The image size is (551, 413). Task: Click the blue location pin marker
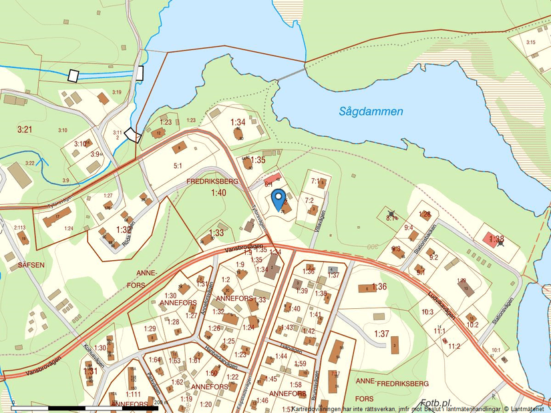(280, 199)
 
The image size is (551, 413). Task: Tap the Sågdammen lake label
(370, 111)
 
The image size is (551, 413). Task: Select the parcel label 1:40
(218, 193)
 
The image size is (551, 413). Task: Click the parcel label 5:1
(178, 165)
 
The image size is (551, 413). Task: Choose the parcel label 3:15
(531, 43)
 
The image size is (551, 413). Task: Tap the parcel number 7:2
(309, 200)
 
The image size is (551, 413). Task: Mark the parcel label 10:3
(427, 312)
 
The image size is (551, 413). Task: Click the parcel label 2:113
(20, 228)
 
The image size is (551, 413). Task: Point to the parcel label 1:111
(133, 394)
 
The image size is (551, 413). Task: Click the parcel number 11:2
(454, 346)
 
